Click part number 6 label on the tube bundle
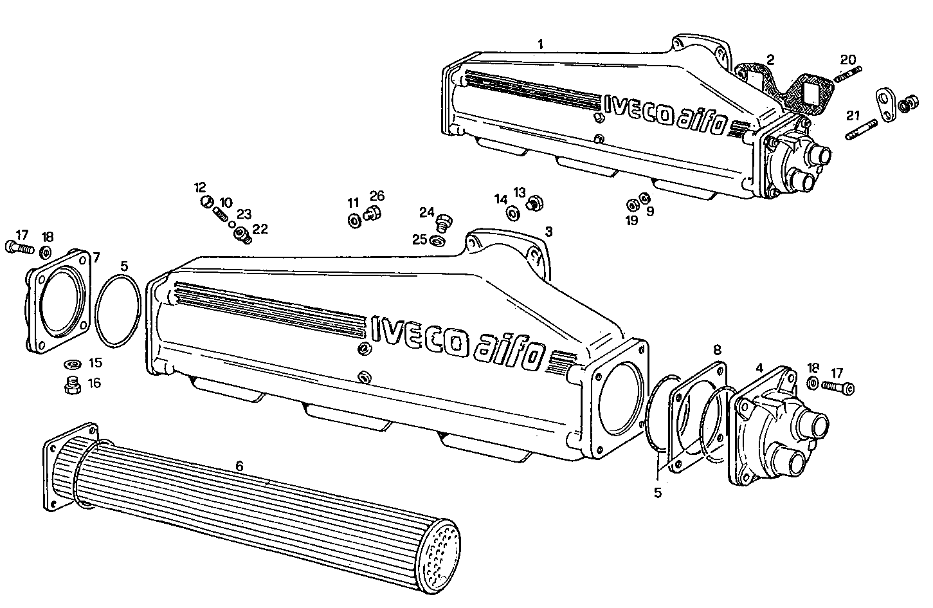[x=239, y=465]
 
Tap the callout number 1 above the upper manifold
[x=541, y=44]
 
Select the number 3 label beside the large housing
[x=548, y=230]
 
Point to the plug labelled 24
[x=443, y=223]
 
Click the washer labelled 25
[x=438, y=241]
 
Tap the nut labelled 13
[x=533, y=205]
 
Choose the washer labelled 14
[x=513, y=213]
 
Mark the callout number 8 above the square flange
[x=718, y=350]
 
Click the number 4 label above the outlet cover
[x=759, y=368]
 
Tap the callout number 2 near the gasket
[x=770, y=60]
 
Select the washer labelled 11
[x=354, y=221]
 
